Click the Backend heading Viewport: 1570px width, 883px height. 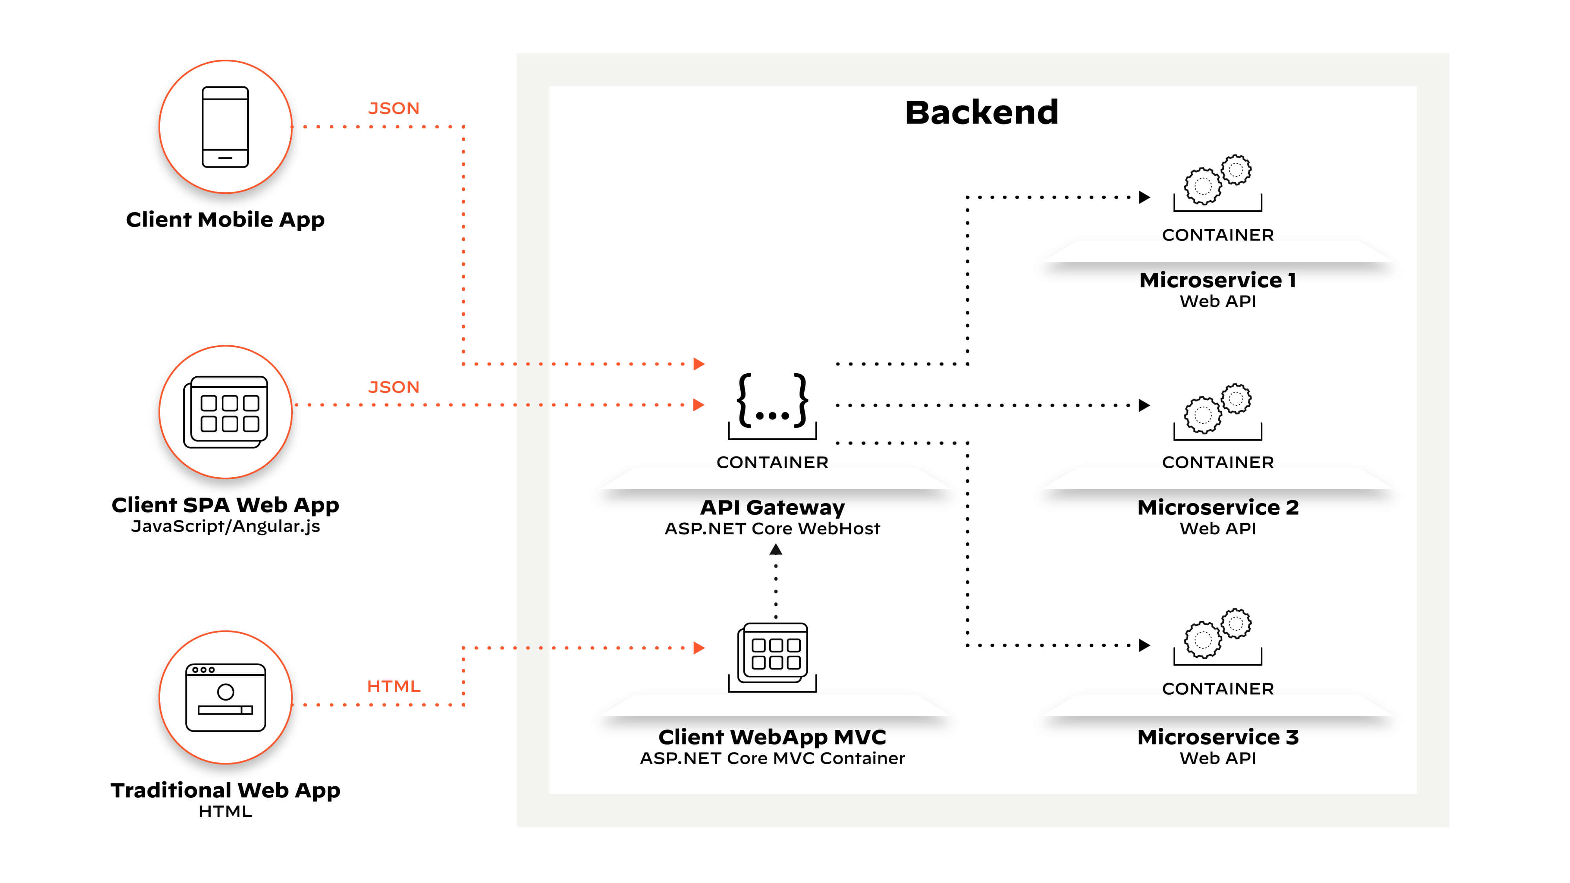pos(981,113)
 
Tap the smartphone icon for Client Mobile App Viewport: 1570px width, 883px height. pos(226,127)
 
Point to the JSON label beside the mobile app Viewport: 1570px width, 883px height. pos(394,108)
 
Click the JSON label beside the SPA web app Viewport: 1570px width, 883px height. pos(394,387)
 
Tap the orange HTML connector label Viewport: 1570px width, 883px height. pos(394,686)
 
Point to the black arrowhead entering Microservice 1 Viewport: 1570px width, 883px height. pos(1144,197)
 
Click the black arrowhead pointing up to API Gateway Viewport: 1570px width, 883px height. pos(776,550)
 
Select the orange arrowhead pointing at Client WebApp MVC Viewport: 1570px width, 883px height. pos(699,648)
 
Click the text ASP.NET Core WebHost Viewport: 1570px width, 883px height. pos(772,528)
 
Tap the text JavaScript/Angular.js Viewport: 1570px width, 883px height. pos(226,526)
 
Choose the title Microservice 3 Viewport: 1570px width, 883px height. pos(1218,737)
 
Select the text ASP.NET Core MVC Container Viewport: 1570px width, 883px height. pos(772,758)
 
